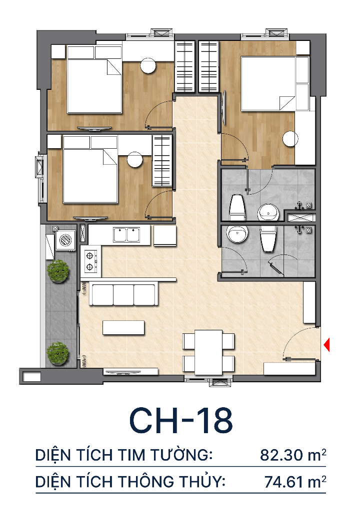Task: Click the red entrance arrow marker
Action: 326,345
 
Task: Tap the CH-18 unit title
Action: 181,420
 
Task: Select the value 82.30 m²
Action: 293,455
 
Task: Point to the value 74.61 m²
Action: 295,482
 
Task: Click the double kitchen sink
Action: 126,235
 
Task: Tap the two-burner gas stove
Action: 89,261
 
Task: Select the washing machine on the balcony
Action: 65,240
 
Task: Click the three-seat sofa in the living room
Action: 123,294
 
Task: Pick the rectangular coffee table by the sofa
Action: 123,327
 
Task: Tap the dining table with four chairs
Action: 208,352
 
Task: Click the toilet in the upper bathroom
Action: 237,207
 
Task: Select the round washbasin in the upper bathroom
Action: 268,213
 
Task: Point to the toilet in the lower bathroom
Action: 268,239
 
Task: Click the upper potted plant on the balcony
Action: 58,271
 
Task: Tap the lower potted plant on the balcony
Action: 58,354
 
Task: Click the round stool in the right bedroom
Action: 290,139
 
